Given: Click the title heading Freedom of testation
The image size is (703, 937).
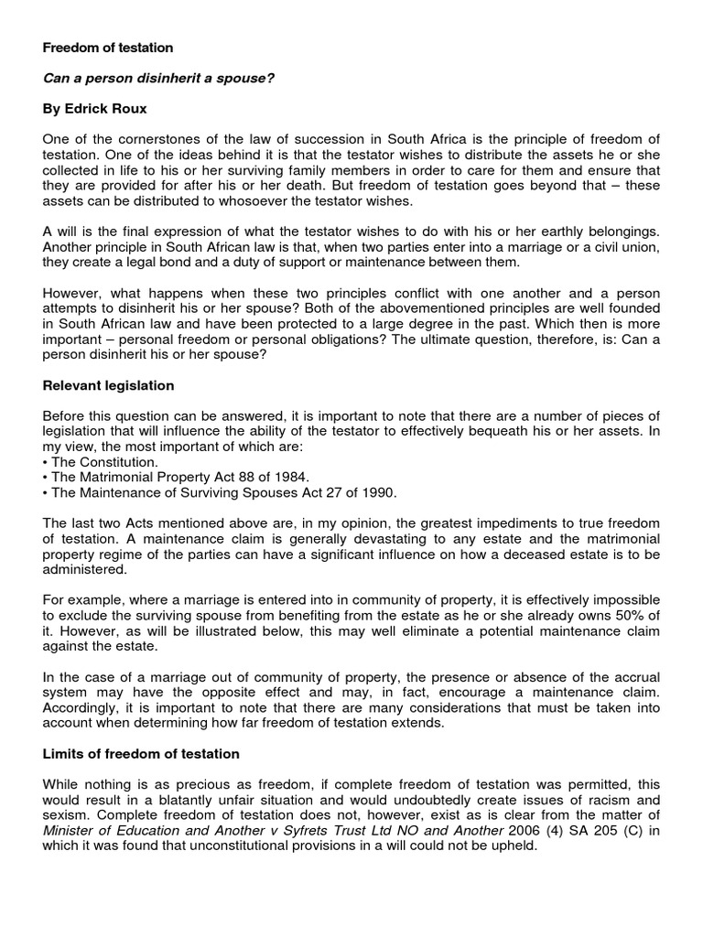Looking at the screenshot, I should tap(108, 48).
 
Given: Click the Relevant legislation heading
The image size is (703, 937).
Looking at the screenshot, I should tap(108, 386).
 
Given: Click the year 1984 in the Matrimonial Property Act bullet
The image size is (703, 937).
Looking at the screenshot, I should tap(290, 478).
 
